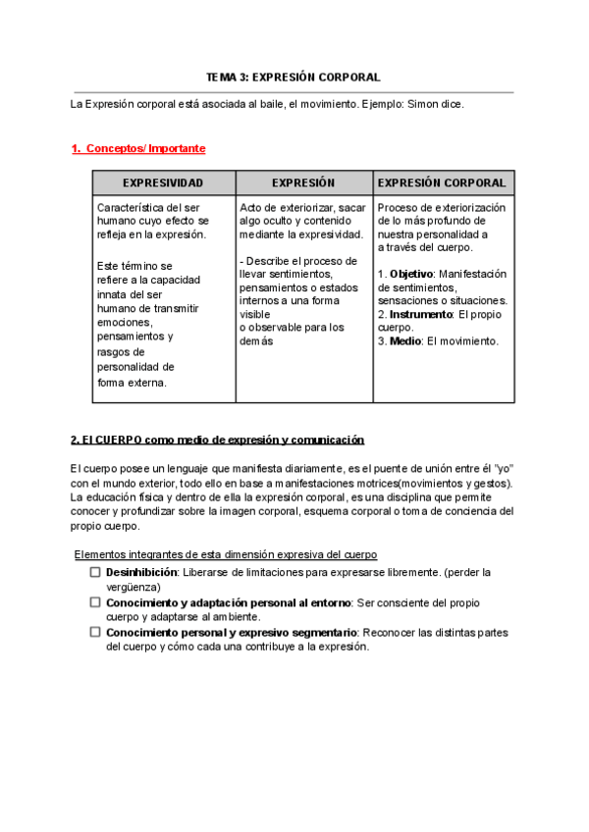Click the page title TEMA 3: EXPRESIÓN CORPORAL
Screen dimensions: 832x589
click(x=293, y=77)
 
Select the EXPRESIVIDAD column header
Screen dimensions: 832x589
click(x=163, y=183)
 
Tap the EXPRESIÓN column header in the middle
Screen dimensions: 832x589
click(x=303, y=183)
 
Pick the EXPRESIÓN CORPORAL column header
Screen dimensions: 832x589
click(x=442, y=183)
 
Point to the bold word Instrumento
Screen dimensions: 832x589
click(x=421, y=314)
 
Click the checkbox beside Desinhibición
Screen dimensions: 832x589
click(x=95, y=571)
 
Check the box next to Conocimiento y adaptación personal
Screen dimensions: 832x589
click(x=95, y=602)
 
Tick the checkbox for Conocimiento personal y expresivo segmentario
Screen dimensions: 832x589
click(x=95, y=633)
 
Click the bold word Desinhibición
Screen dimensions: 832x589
click(x=141, y=571)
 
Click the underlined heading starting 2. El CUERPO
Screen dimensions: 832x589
click(x=217, y=440)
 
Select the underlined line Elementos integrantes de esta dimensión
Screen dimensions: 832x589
click(x=226, y=554)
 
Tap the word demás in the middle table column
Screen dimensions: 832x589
click(x=256, y=341)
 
